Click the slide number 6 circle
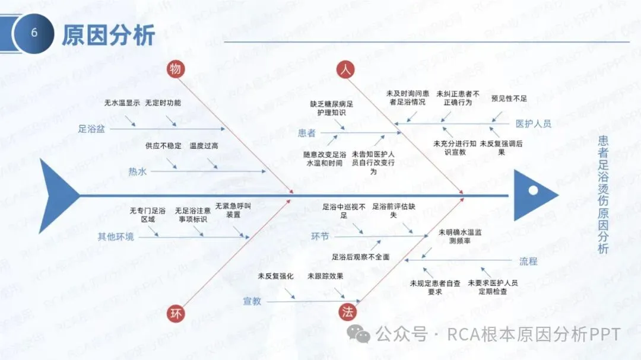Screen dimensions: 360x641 (34, 33)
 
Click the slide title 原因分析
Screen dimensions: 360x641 (109, 35)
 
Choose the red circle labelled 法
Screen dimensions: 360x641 (347, 313)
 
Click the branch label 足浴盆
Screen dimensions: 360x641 (91, 128)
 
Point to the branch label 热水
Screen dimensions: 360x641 (138, 172)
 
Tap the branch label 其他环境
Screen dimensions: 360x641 (116, 237)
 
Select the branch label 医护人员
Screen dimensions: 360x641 (533, 124)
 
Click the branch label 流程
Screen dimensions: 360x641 (528, 261)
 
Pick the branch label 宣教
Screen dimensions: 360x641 (252, 301)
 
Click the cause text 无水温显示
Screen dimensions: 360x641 (122, 103)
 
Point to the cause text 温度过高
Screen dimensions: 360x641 (204, 145)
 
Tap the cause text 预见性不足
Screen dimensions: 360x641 (509, 98)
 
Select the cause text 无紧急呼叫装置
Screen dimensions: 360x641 (233, 210)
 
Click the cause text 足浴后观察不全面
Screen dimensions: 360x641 (361, 257)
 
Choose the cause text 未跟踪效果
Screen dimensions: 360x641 (325, 276)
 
